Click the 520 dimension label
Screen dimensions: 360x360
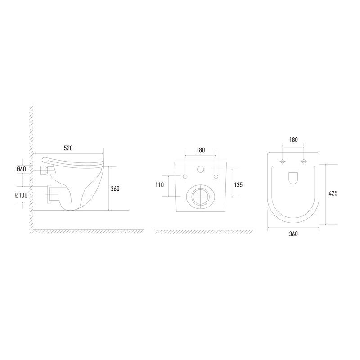(68, 148)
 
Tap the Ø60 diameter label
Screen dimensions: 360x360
(21, 169)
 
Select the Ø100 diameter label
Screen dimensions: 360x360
(21, 195)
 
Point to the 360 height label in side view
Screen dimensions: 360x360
(115, 189)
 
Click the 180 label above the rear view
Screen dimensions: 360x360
(200, 150)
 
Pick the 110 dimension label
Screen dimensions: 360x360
(159, 185)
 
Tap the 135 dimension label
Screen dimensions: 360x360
(238, 185)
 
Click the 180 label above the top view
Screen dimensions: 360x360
(293, 139)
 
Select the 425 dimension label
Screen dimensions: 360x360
(333, 193)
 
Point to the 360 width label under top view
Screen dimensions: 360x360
(293, 234)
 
